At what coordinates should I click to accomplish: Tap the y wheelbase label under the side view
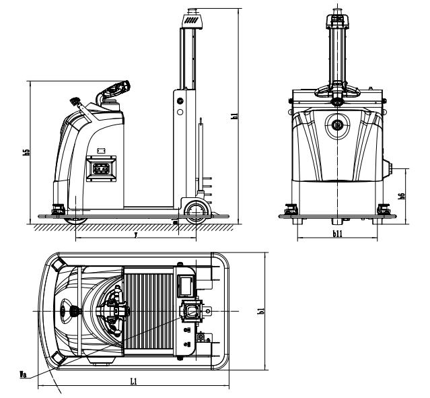[x=136, y=235]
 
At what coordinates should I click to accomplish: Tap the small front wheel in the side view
[x=197, y=212]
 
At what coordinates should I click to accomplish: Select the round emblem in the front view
[x=337, y=125]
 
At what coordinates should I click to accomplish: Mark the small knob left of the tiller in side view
[x=74, y=102]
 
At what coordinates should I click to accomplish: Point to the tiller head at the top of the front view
[x=337, y=17]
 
